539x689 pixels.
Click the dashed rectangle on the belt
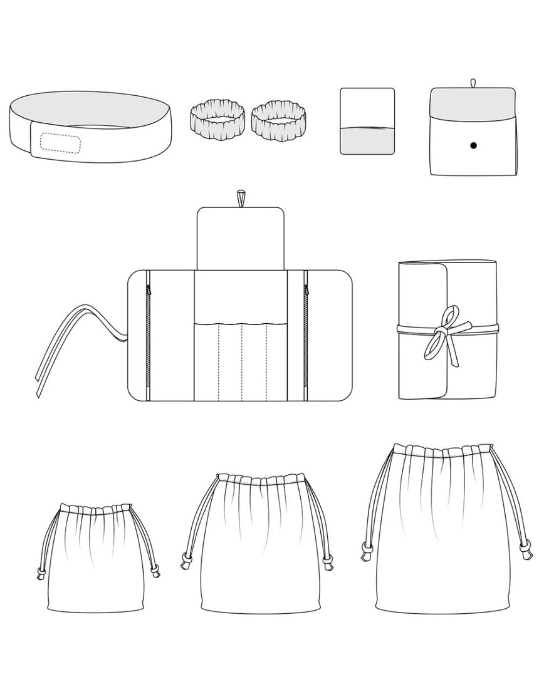tap(61, 143)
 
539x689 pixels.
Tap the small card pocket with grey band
tap(368, 121)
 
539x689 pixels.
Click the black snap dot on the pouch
tap(473, 145)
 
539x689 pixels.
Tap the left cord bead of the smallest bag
tap(41, 571)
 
